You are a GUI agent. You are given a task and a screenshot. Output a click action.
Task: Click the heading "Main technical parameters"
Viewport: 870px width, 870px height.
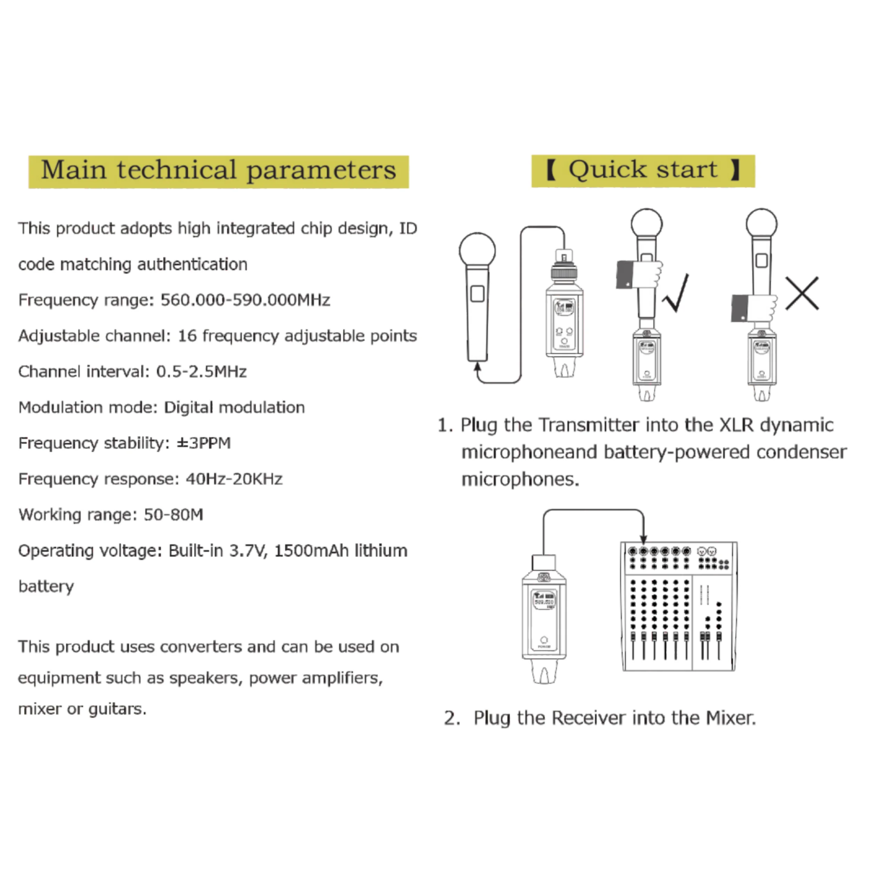coord(219,170)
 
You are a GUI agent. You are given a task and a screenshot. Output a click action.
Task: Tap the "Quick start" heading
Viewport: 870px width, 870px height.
coord(643,170)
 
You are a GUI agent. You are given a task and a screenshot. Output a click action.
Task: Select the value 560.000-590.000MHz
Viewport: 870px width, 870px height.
coord(245,300)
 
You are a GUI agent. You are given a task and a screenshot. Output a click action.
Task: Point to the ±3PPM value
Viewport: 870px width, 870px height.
coord(204,443)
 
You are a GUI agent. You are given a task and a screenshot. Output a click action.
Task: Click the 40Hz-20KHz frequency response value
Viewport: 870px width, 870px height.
coord(234,479)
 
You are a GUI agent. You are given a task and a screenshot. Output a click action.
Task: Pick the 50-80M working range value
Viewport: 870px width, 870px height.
coord(173,515)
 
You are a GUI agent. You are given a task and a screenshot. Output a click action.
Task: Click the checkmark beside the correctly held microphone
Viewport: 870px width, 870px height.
coord(675,293)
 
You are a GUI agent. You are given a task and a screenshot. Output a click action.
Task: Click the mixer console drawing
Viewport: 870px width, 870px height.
coord(679,607)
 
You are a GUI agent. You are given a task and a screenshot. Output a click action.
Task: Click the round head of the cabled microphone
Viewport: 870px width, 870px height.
coord(477,250)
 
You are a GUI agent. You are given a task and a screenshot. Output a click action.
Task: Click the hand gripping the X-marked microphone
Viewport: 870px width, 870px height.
coord(754,308)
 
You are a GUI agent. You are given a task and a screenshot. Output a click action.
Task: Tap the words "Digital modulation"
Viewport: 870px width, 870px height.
coord(234,408)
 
